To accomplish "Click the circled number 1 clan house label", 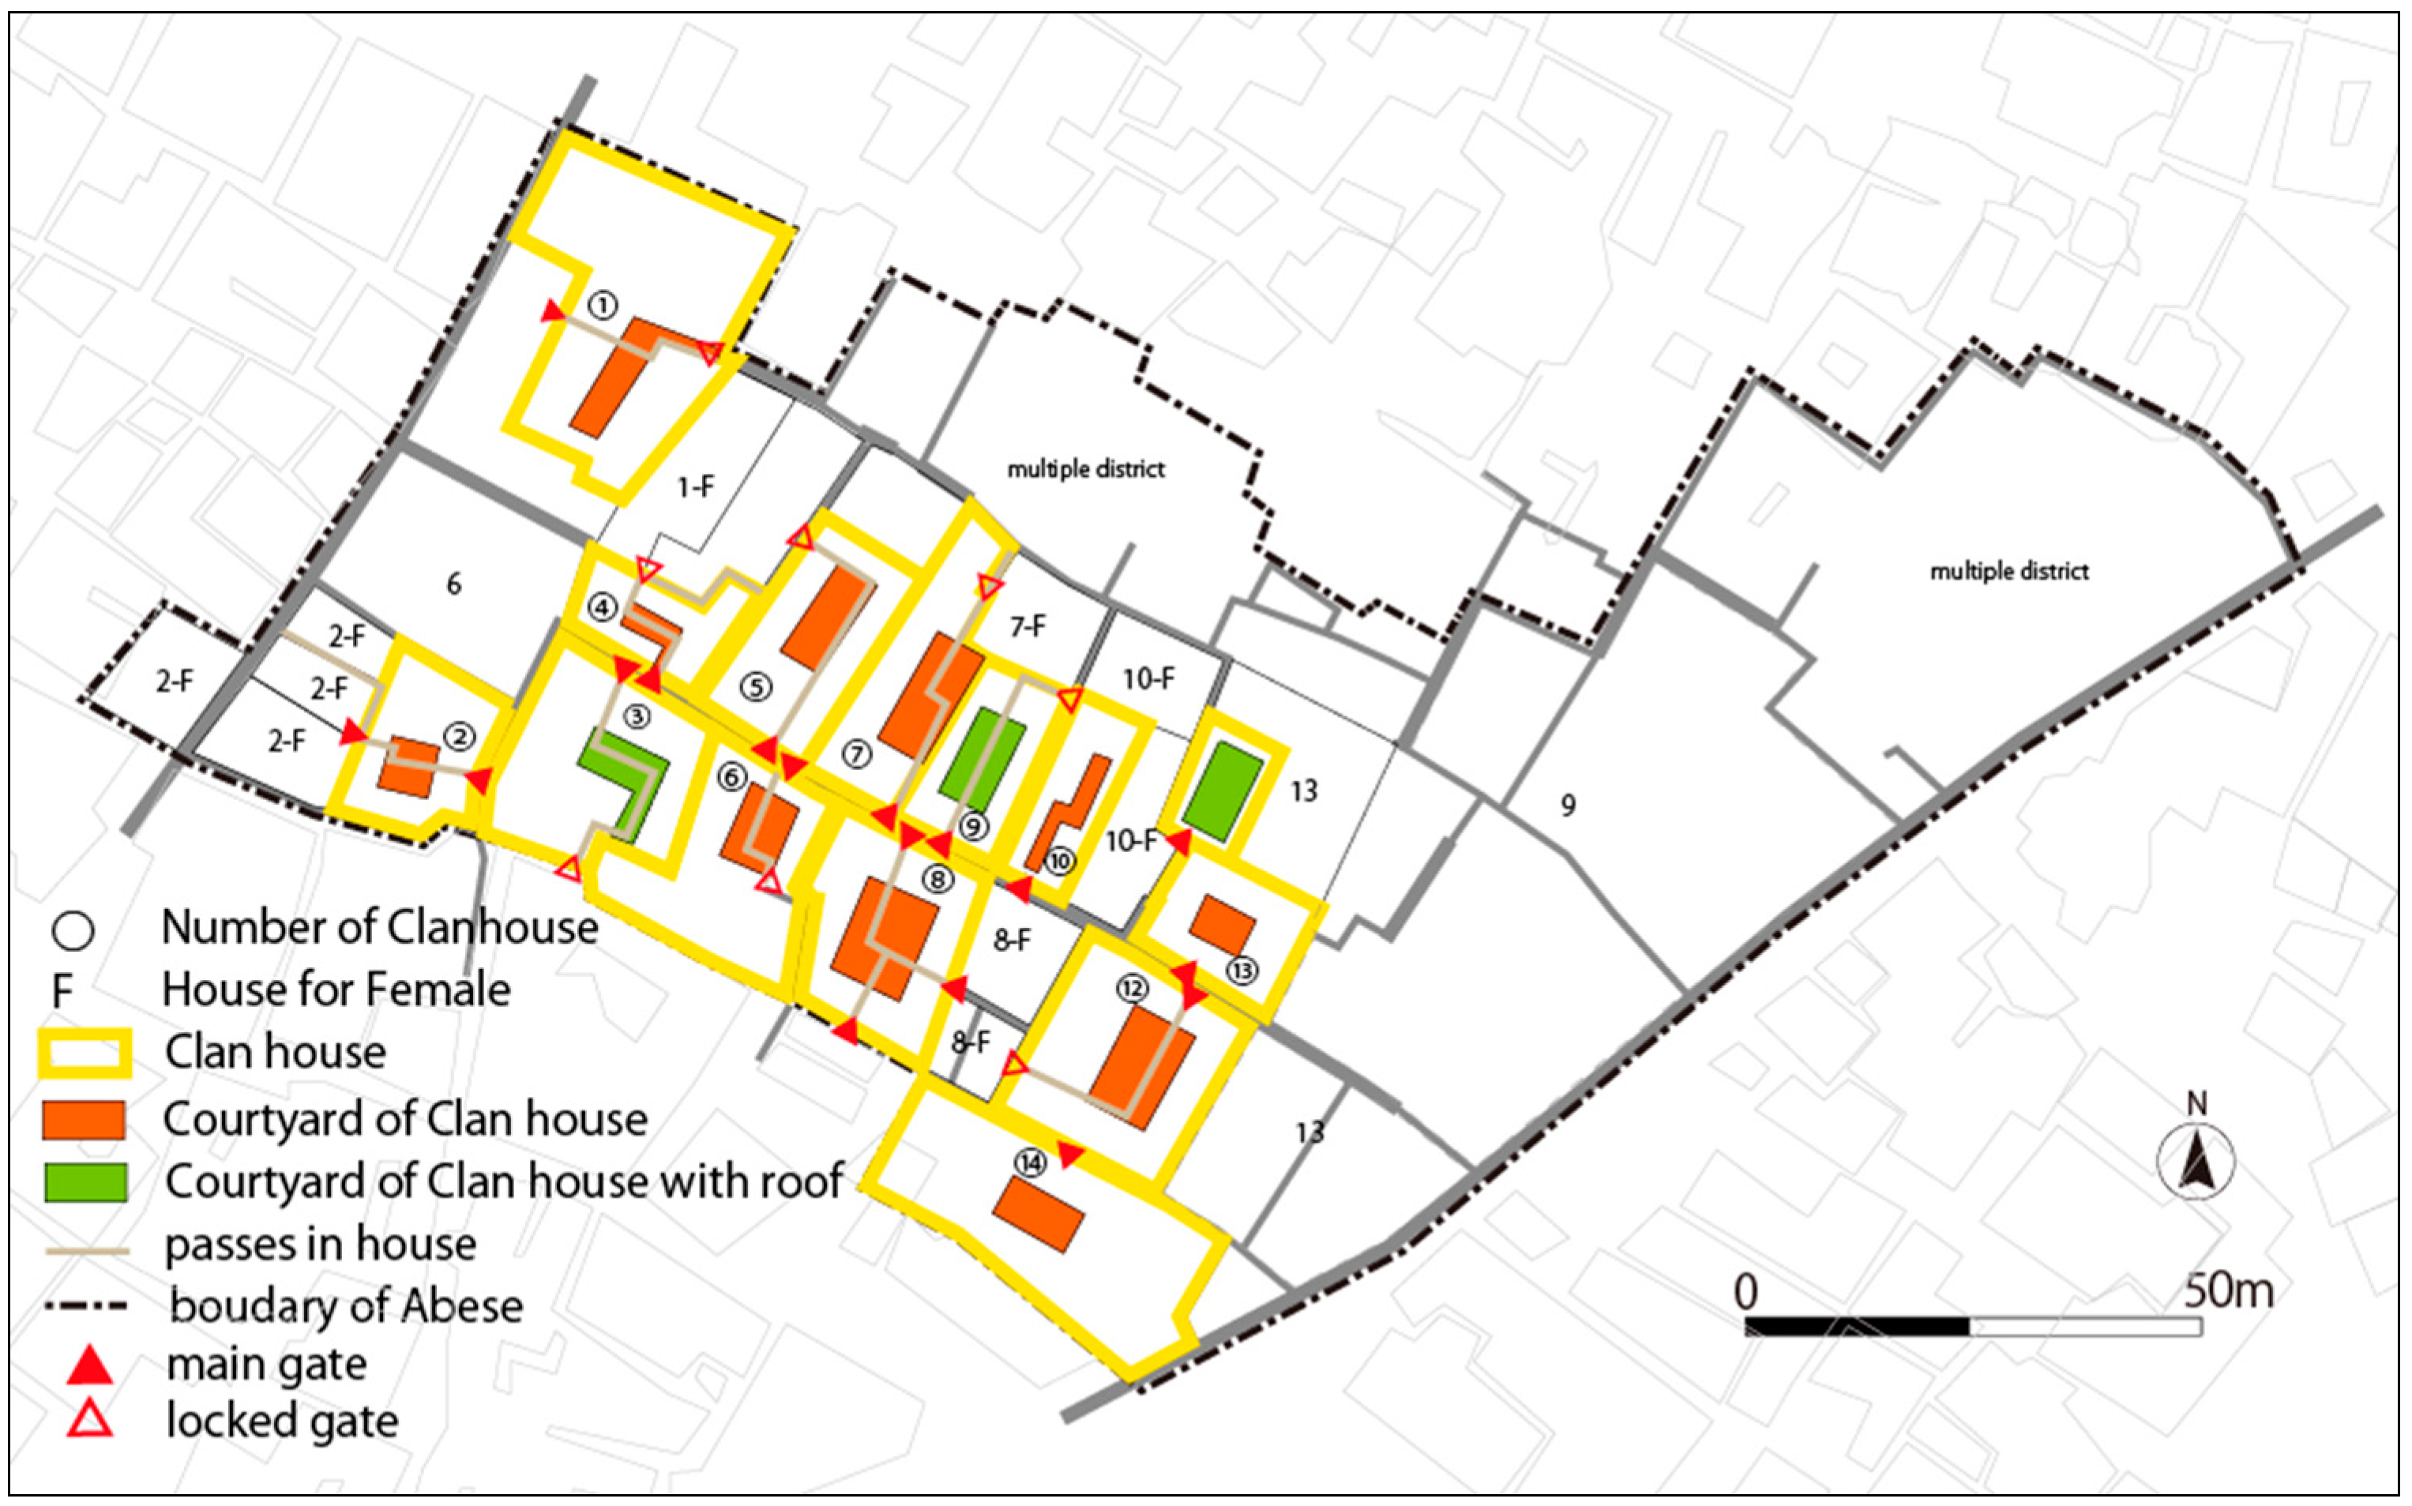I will click(603, 305).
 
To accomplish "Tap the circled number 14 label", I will click(1030, 1162).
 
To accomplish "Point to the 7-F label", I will click(1028, 626).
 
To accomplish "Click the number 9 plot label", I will click(1568, 805).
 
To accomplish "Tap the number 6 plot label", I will click(453, 584).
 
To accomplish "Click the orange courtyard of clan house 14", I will click(1038, 1214).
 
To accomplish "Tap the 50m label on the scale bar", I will click(2229, 1291).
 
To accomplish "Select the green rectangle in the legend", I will click(85, 1182).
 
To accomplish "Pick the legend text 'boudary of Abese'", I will click(346, 1305).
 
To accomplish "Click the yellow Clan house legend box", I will click(85, 1053).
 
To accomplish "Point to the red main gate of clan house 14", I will click(1069, 1155).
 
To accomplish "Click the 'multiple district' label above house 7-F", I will click(1085, 468).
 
